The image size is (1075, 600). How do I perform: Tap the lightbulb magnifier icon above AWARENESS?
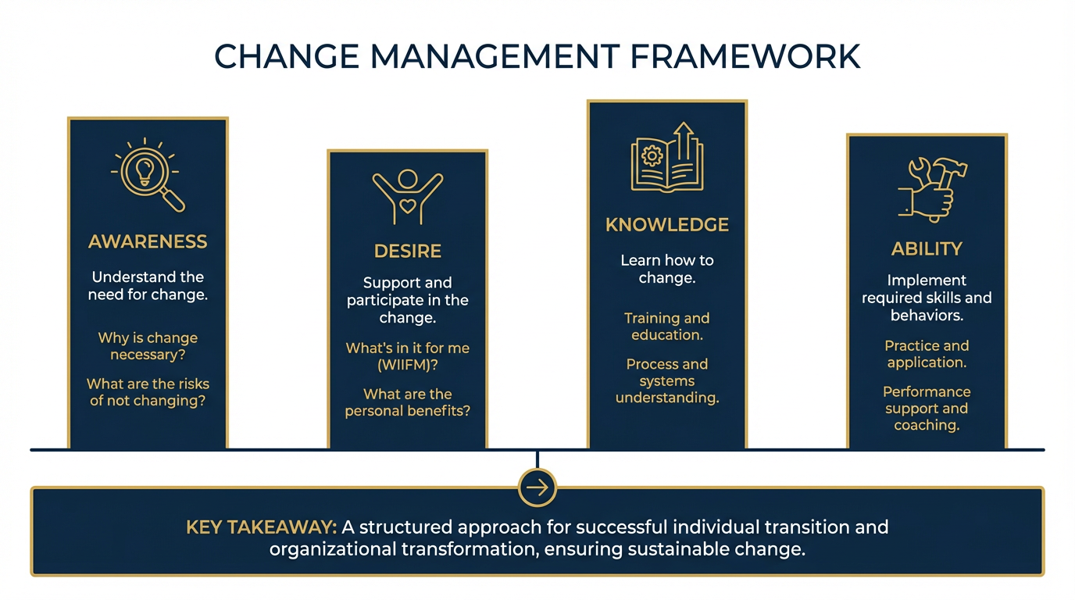148,175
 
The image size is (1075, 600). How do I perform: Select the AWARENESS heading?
148,241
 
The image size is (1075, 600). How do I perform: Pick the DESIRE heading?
407,251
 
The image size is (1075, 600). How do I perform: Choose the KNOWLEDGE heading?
666,225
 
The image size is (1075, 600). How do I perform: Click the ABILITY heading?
927,248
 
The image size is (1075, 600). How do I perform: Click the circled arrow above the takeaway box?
537,488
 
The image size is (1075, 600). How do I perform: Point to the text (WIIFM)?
408,365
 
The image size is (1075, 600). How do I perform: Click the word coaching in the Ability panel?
926,425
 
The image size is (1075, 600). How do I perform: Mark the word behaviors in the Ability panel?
926,315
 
